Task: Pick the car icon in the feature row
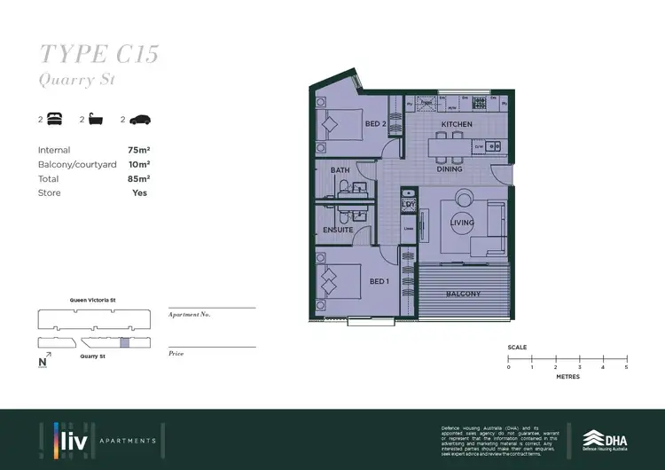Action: click(140, 119)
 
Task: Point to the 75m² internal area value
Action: click(138, 150)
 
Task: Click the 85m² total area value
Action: click(138, 178)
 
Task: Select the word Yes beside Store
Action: click(139, 192)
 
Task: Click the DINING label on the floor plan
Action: click(450, 168)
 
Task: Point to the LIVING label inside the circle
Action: click(463, 223)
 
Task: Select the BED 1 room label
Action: click(379, 281)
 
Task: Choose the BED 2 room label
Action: click(375, 123)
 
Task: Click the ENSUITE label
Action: click(338, 230)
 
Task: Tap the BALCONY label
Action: click(463, 294)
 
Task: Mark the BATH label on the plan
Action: click(340, 169)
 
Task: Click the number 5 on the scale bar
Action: click(626, 367)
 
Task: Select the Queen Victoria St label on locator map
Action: click(93, 300)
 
